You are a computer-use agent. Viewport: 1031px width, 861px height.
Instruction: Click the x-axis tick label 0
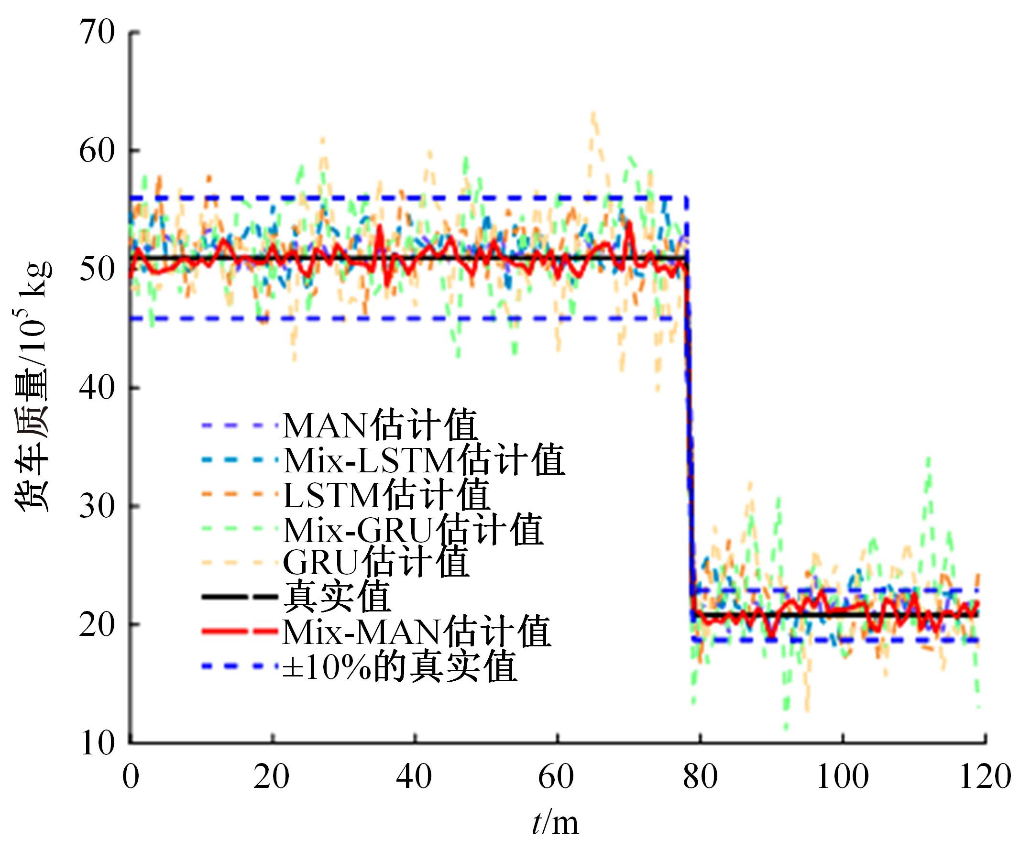[131, 777]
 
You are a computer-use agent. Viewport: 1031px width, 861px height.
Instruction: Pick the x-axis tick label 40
[415, 777]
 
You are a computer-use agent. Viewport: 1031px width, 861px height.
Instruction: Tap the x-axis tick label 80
[700, 777]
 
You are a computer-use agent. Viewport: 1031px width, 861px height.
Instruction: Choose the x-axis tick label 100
[843, 777]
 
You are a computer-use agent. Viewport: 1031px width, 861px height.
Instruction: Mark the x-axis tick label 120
[985, 777]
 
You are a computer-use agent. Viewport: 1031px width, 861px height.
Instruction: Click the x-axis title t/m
[555, 823]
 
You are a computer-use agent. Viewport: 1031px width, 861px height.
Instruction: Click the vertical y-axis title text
[34, 388]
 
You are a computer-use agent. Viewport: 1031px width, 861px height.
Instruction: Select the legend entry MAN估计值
[380, 425]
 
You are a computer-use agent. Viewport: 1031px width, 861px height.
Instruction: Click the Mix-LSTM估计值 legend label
[424, 460]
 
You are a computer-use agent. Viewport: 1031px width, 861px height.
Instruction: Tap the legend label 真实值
[337, 597]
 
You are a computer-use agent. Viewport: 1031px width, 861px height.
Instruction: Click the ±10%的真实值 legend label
[400, 666]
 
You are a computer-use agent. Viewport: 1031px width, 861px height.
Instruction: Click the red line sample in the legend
[240, 631]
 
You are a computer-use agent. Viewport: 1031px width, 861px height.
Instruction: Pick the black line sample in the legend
[240, 597]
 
